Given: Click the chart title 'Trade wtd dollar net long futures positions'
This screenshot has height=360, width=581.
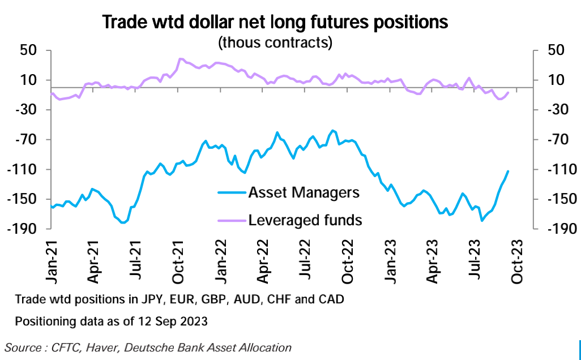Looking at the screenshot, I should pyautogui.click(x=275, y=22).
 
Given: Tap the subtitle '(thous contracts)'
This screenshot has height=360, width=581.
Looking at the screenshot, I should pyautogui.click(x=275, y=42).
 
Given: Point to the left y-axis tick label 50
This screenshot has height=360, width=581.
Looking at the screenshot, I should pyautogui.click(x=29, y=50).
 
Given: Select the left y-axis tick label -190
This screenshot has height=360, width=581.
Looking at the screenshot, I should pyautogui.click(x=23, y=229).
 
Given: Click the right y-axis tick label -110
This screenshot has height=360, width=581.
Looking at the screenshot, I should pyautogui.click(x=560, y=169).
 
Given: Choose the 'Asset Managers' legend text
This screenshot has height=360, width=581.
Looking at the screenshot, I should pyautogui.click(x=304, y=192).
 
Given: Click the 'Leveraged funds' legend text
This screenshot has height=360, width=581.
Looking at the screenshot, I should pyautogui.click(x=305, y=220).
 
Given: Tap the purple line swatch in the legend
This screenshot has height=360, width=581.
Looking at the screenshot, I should pyautogui.click(x=231, y=220).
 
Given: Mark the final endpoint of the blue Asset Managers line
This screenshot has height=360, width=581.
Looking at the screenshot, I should pyautogui.click(x=508, y=171).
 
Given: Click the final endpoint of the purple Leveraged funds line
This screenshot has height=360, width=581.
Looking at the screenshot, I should pyautogui.click(x=508, y=92).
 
